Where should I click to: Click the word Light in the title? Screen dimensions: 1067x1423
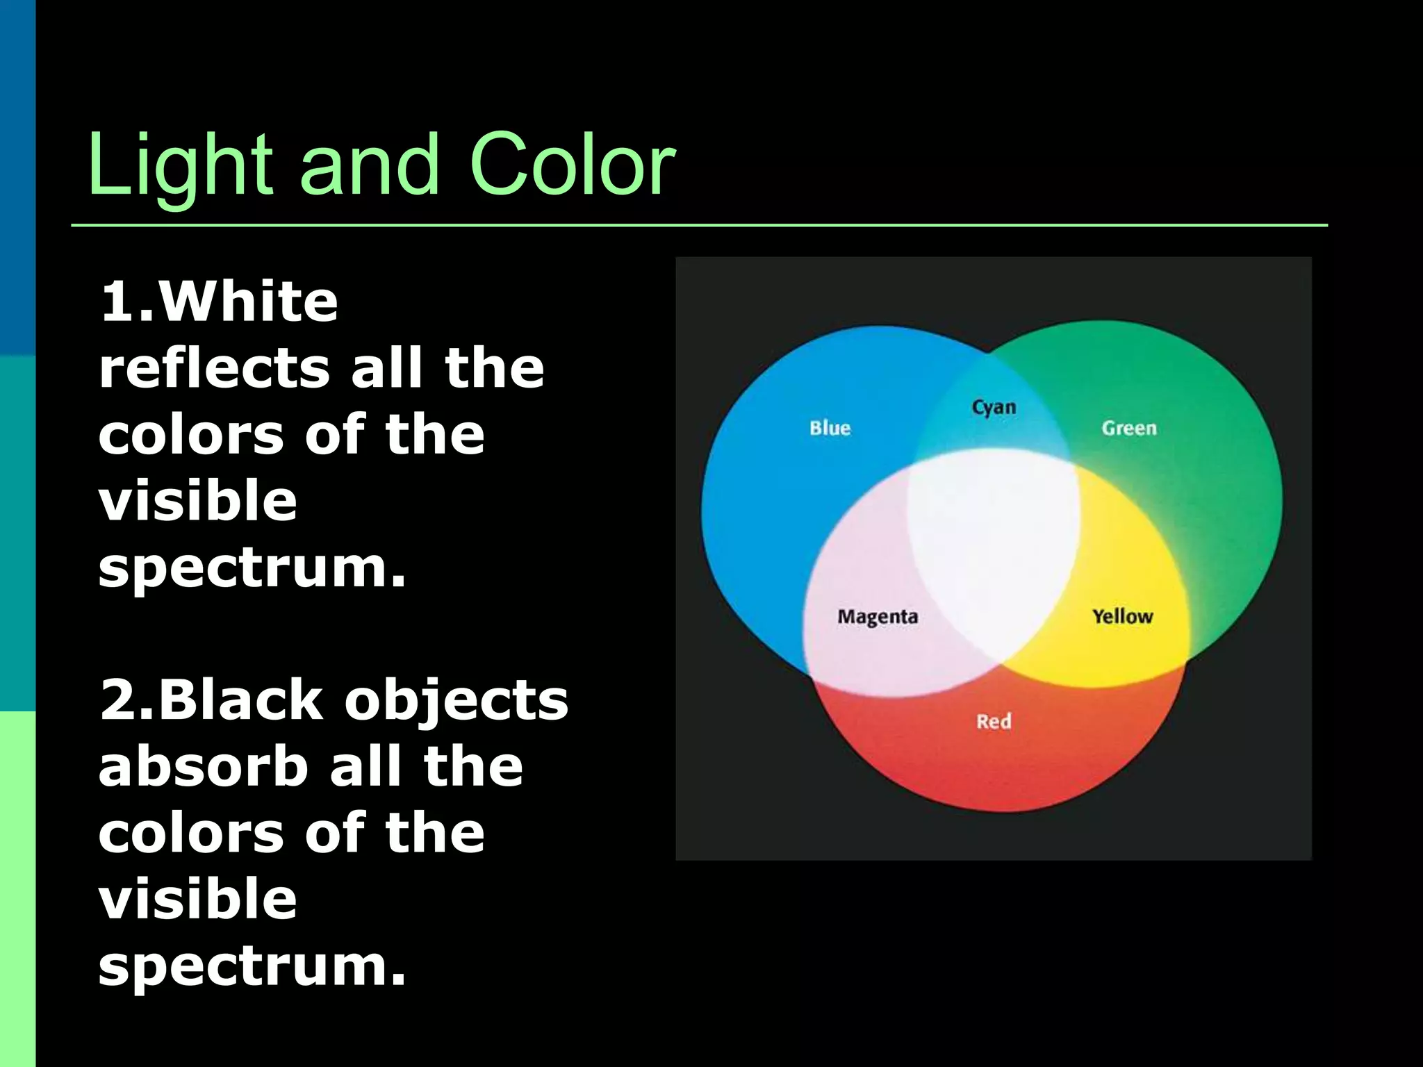[x=180, y=167]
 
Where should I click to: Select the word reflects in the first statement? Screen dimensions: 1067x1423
[x=215, y=368]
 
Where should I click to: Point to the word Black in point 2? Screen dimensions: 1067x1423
[x=240, y=700]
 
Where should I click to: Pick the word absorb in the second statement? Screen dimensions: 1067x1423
[x=204, y=766]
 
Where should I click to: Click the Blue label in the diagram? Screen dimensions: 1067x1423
[x=830, y=428]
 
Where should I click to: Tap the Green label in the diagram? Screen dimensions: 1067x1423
[x=1129, y=428]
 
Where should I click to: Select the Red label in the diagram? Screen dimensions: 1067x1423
[x=994, y=721]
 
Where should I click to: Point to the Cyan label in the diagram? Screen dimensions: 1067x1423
[x=994, y=407]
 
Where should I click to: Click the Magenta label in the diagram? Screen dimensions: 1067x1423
[x=878, y=617]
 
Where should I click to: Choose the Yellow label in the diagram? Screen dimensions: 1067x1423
[x=1122, y=616]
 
